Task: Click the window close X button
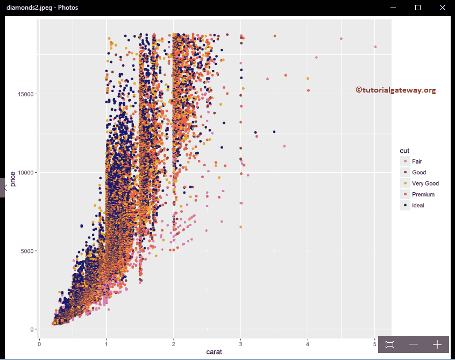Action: pyautogui.click(x=442, y=8)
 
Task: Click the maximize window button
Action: pyautogui.click(x=418, y=8)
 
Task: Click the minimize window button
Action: pyautogui.click(x=393, y=8)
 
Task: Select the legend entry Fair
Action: pyautogui.click(x=417, y=161)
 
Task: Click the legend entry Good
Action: pyautogui.click(x=418, y=172)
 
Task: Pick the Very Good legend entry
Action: pyautogui.click(x=425, y=183)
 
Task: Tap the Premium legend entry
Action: pyautogui.click(x=423, y=194)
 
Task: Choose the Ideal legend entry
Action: pyautogui.click(x=418, y=205)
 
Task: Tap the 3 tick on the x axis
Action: pyautogui.click(x=240, y=343)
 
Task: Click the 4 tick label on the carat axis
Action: pyautogui.click(x=308, y=343)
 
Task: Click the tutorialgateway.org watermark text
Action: pyautogui.click(x=395, y=90)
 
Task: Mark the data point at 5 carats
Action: pyautogui.click(x=375, y=47)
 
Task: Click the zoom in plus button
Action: pyautogui.click(x=437, y=344)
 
